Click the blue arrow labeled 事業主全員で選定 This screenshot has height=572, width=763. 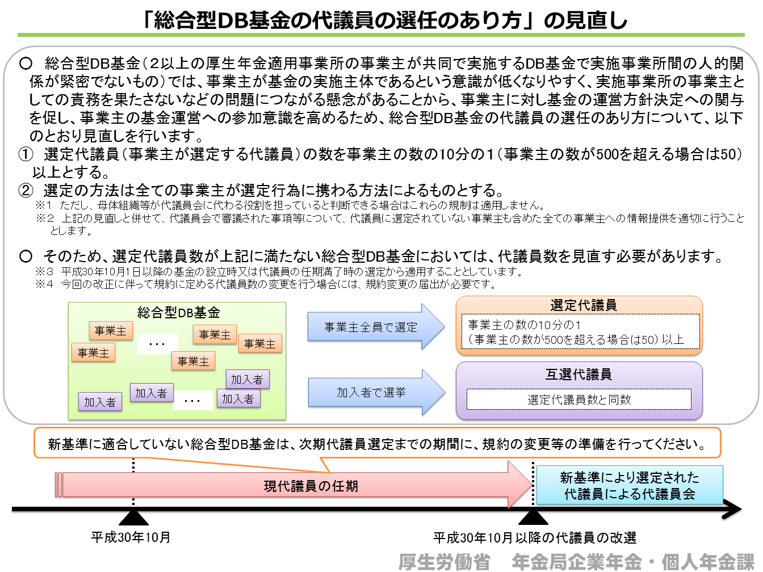pyautogui.click(x=375, y=327)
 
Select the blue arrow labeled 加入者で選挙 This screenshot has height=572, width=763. pyautogui.click(x=376, y=393)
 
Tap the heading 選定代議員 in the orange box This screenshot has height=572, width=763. pyautogui.click(x=583, y=305)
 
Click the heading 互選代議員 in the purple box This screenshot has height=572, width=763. pyautogui.click(x=578, y=375)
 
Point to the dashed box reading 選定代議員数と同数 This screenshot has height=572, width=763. pyautogui.click(x=578, y=399)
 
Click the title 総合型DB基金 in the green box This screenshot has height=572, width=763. pyautogui.click(x=179, y=313)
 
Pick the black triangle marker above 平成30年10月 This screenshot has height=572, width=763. pyautogui.click(x=134, y=518)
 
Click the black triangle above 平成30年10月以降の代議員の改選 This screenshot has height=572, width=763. pyautogui.click(x=533, y=518)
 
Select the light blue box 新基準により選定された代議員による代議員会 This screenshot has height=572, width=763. pyautogui.click(x=630, y=485)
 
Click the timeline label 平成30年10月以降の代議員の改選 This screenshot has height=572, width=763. pyautogui.click(x=535, y=538)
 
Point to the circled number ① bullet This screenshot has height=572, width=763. pyautogui.click(x=26, y=154)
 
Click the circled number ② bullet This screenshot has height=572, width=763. pyautogui.click(x=26, y=190)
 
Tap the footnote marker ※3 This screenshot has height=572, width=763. pyautogui.click(x=44, y=272)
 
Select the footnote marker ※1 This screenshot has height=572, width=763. pyautogui.click(x=44, y=205)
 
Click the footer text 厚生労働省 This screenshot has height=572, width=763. pyautogui.click(x=444, y=561)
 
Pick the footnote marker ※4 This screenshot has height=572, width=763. pyautogui.click(x=44, y=284)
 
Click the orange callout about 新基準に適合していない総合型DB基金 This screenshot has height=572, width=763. pyautogui.click(x=377, y=443)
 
